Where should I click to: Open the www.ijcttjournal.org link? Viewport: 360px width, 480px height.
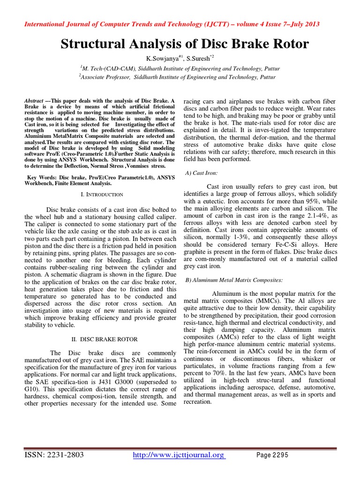[x=180, y=455]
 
